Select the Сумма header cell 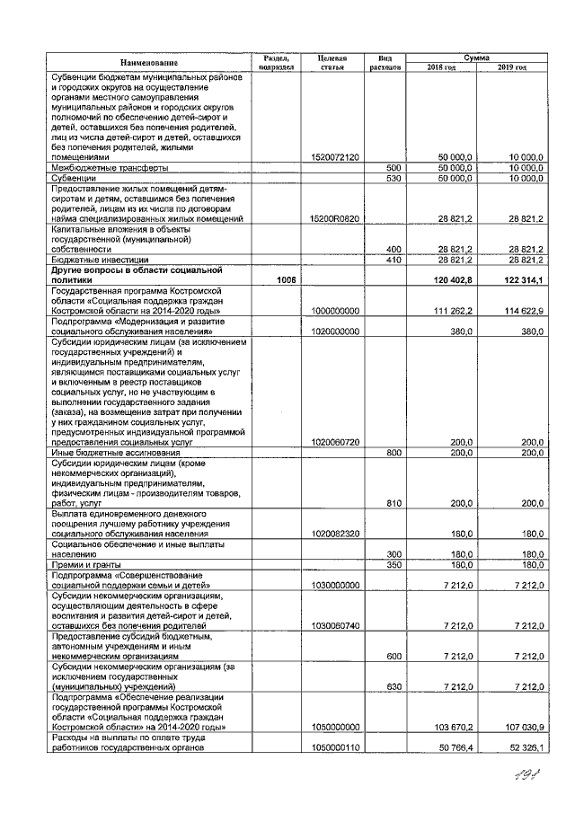coord(476,56)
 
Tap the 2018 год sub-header coord(441,67)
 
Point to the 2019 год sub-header coord(512,67)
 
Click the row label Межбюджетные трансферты coord(107,168)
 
